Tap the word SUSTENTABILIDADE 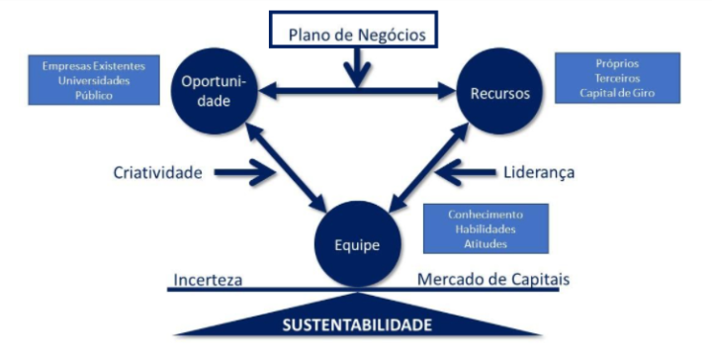pos(357,323)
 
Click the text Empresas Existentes pos(93,66)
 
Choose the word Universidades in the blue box pos(93,81)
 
